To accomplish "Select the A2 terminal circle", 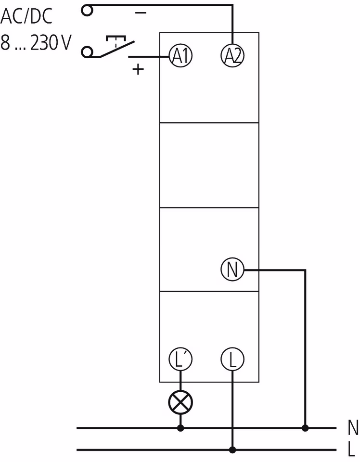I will pyautogui.click(x=232, y=57).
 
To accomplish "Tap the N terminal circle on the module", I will pyautogui.click(x=232, y=270).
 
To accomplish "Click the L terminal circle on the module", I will pyautogui.click(x=232, y=359).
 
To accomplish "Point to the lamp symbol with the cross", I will pyautogui.click(x=180, y=401).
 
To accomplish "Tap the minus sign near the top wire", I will pyautogui.click(x=141, y=13).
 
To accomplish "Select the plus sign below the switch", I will pyautogui.click(x=138, y=70).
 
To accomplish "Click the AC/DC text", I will pyautogui.click(x=26, y=17).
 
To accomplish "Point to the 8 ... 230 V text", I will pyautogui.click(x=36, y=44).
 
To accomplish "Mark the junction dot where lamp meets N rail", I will pyautogui.click(x=180, y=427).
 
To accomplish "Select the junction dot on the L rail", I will pyautogui.click(x=232, y=450).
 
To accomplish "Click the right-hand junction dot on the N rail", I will pyautogui.click(x=305, y=427).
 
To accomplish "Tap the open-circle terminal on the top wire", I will pyautogui.click(x=87, y=10).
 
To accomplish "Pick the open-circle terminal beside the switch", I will pyautogui.click(x=87, y=51).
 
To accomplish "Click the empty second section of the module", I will pyautogui.click(x=209, y=165).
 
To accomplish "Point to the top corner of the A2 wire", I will pyautogui.click(x=232, y=6).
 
